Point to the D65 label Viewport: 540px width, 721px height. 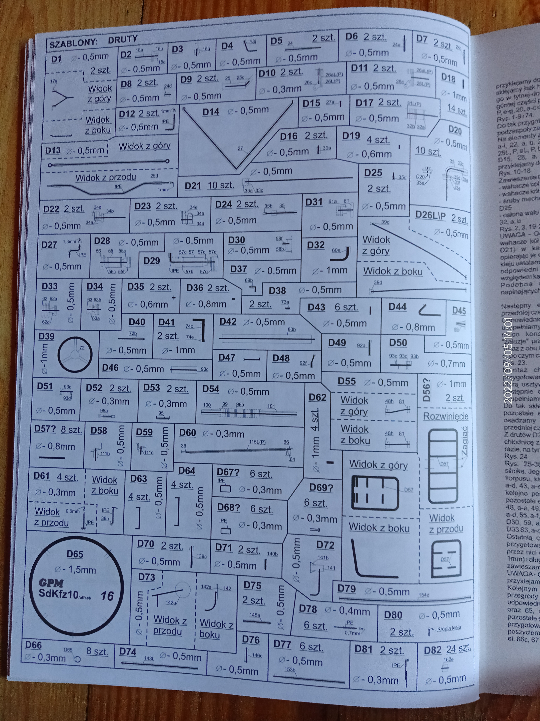click(x=75, y=554)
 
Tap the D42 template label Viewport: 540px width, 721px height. click(x=228, y=322)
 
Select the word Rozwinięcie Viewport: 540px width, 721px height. click(x=446, y=416)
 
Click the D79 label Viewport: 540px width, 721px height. click(x=346, y=589)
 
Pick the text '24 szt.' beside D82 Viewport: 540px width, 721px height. click(x=458, y=648)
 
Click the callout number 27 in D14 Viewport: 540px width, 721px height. click(x=240, y=149)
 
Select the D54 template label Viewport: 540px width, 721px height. click(x=211, y=389)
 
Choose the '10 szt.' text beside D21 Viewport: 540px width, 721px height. click(x=221, y=185)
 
